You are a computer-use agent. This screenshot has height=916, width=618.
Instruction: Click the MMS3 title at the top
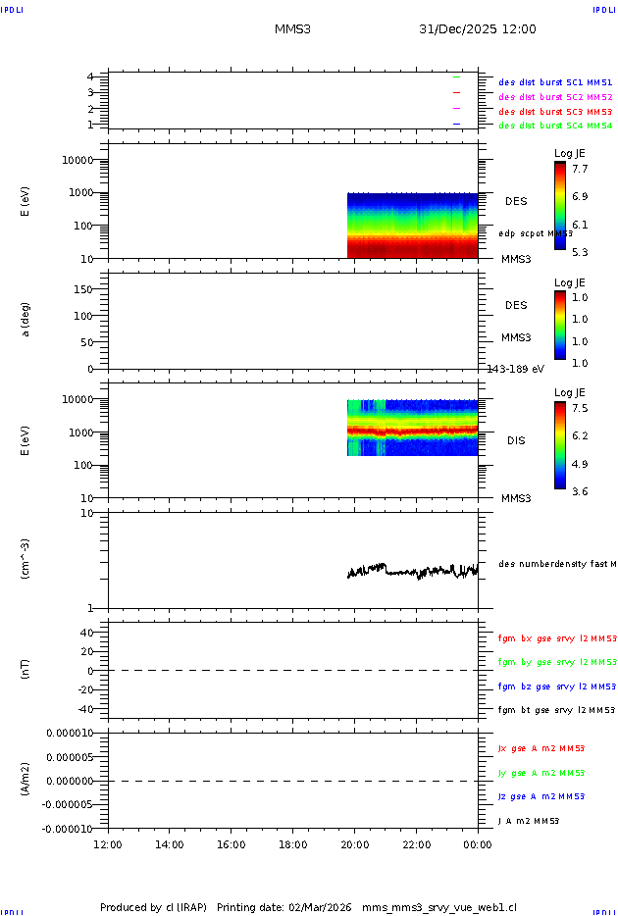point(293,29)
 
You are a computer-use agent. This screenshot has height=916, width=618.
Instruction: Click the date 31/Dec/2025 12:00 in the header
point(478,29)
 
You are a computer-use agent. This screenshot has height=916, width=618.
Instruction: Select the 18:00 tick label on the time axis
point(293,843)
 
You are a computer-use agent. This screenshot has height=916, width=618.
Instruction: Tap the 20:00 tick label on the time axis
point(354,843)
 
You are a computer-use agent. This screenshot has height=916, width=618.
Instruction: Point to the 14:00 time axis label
point(170,843)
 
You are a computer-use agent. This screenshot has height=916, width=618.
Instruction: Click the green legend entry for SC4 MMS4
point(555,126)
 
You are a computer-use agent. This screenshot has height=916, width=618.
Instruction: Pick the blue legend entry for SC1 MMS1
point(555,83)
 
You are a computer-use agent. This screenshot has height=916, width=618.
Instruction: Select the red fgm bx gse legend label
point(556,638)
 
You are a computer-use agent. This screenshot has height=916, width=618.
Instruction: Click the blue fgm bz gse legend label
point(556,687)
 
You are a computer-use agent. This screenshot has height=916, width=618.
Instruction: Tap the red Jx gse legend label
point(541,748)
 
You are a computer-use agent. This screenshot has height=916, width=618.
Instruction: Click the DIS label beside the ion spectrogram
point(516,440)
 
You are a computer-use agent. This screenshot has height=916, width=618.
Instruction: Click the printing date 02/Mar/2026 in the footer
point(320,907)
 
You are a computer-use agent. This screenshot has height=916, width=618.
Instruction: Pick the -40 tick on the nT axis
point(83,709)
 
